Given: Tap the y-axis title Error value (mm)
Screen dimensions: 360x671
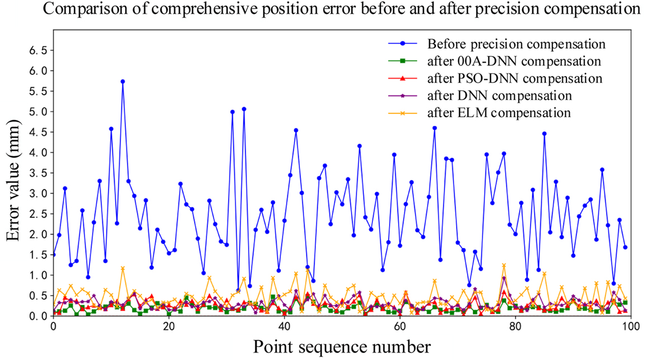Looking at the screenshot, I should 16,185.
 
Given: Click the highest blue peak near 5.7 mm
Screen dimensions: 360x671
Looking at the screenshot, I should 122,81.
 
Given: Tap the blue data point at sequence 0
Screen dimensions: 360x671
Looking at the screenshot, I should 53,254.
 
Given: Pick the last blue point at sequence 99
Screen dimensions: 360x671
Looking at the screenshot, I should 625,247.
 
